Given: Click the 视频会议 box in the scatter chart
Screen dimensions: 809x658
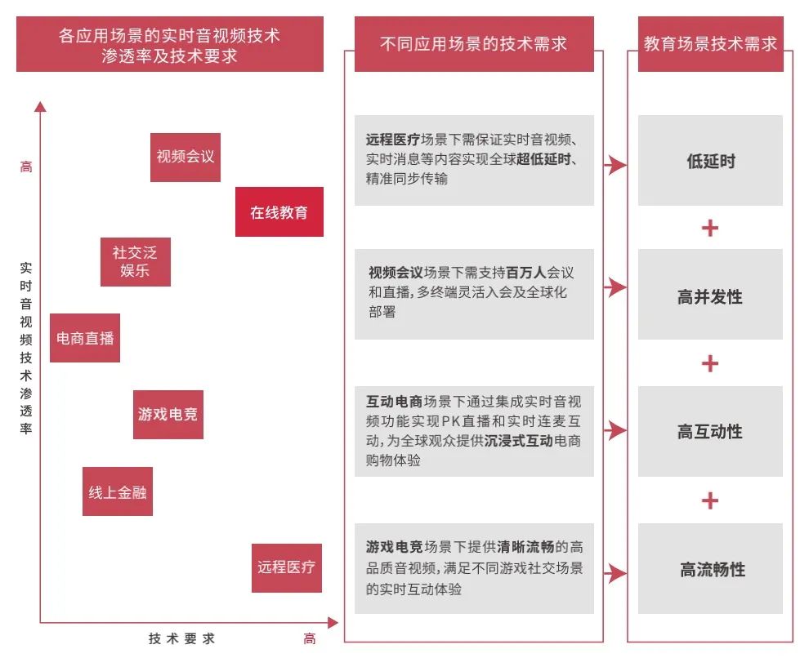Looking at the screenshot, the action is pos(185,158).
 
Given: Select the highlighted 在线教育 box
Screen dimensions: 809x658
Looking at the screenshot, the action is pos(279,211).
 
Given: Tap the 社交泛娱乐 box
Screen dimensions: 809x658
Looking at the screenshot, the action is pos(135,262).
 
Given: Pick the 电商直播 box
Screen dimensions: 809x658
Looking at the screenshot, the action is pos(85,338).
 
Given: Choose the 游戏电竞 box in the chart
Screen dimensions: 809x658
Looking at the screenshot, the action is pos(168,414).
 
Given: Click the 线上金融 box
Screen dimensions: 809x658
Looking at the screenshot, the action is pos(118,491).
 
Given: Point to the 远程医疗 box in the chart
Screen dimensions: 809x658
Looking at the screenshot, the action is pos(287,568).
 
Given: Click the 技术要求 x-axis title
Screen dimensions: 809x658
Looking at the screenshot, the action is pos(181,639).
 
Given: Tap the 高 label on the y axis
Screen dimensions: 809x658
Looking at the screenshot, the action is pos(26,167).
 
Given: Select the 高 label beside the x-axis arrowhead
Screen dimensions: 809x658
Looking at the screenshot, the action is pos(310,639).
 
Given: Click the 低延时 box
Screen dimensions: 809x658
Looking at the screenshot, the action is pos(710,160).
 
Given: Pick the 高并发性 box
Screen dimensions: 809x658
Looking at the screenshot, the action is pos(710,294).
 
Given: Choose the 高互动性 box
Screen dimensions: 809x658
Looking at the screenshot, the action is pos(710,431).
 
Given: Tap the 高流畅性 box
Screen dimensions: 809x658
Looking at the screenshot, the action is pos(710,568).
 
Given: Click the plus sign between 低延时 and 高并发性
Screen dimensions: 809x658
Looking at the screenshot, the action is pos(710,228).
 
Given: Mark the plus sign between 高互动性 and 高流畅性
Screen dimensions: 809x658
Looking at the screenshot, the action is pos(710,500).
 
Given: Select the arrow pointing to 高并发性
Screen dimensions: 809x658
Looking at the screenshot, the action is pos(615,287).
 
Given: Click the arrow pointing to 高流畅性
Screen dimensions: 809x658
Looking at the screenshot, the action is pos(615,573).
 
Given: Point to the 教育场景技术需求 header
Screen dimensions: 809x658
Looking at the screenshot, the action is pos(710,44).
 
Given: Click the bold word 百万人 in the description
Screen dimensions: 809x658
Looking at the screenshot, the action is pos(525,272).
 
